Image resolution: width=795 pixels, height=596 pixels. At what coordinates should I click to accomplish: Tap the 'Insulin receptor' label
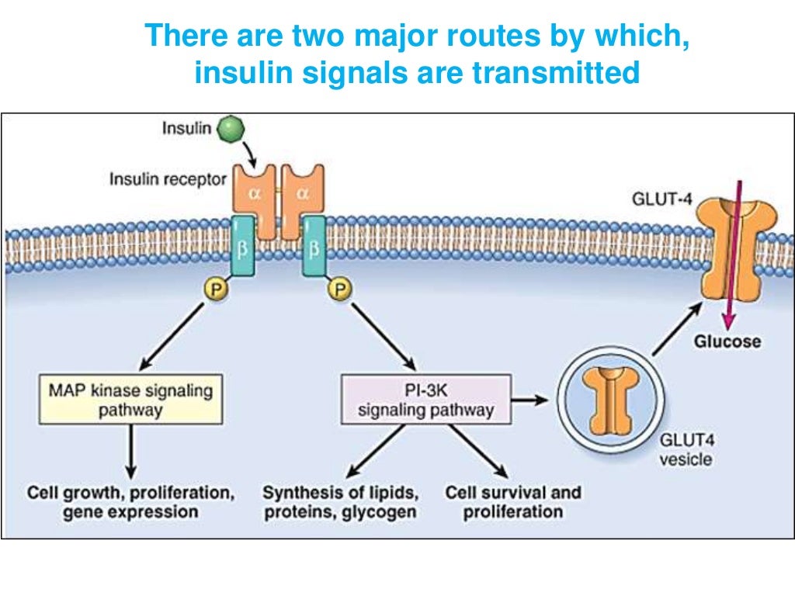point(168,179)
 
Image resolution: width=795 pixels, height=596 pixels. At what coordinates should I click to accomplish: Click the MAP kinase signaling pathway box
point(130,400)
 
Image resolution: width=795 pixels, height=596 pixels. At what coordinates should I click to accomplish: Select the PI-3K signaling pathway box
point(426,400)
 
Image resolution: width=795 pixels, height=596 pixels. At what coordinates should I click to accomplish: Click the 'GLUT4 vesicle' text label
point(686,450)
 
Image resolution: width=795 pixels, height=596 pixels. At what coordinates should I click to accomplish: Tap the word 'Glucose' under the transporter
point(727,341)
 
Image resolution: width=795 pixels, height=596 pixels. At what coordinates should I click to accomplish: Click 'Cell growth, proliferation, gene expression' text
point(130,502)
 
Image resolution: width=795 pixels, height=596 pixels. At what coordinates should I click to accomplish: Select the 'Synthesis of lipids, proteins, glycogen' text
point(341,502)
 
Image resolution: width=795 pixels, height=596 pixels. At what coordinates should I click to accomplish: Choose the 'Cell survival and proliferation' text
point(512,502)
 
